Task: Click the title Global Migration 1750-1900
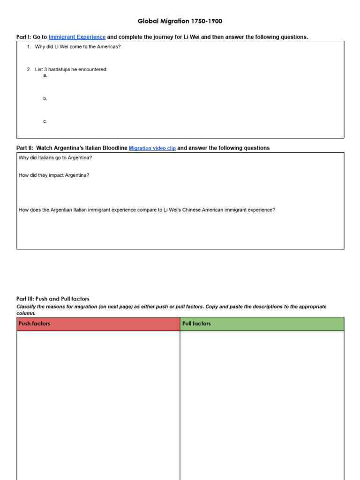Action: pos(180,21)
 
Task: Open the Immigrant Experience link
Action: pos(77,37)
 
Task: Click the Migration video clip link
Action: pos(152,148)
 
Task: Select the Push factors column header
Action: pos(34,324)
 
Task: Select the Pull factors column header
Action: pos(196,324)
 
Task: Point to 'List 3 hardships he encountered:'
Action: pos(71,69)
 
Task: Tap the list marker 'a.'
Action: pos(45,75)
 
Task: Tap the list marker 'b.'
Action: pos(45,98)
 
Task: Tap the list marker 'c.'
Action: pos(45,121)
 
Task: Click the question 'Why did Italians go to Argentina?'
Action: pos(55,157)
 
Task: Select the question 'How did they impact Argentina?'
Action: pos(54,175)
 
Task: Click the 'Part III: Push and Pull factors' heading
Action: pos(52,299)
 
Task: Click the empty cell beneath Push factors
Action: pos(98,403)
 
